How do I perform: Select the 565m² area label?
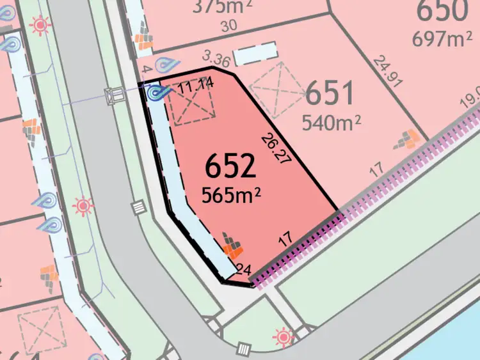pos(231,194)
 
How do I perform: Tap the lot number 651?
pos(330,94)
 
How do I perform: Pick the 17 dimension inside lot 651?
pos(376,169)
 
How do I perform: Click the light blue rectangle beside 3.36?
pos(255,55)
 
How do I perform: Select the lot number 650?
pos(442,11)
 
